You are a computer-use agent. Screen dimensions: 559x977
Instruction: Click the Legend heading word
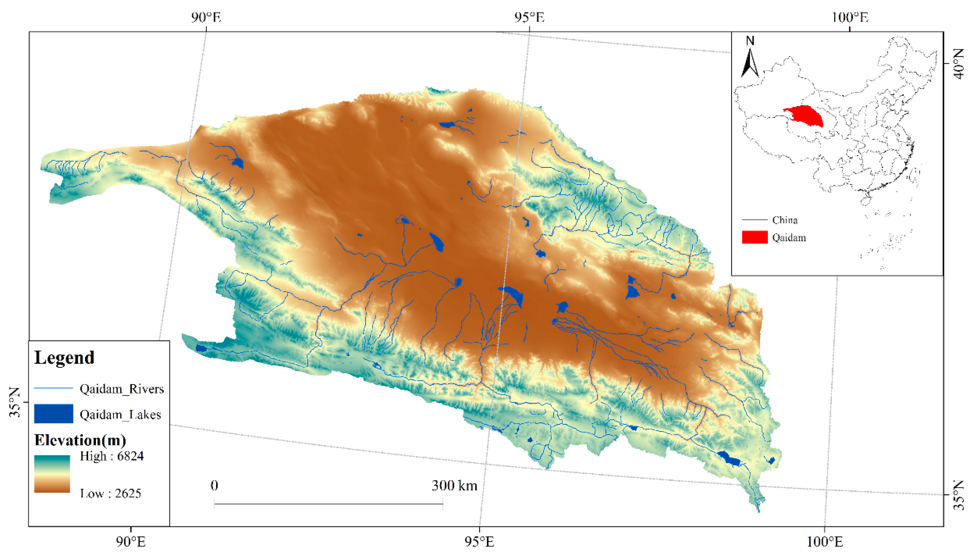click(64, 358)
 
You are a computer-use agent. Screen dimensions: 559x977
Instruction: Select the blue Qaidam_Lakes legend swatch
click(53, 414)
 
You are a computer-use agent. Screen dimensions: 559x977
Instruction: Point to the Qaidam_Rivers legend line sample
click(53, 388)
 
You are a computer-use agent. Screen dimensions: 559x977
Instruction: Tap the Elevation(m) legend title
click(80, 440)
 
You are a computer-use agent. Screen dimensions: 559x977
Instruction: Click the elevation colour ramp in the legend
click(52, 474)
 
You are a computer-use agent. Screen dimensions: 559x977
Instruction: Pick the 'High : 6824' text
click(112, 456)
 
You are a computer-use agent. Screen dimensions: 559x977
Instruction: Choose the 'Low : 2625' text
click(110, 493)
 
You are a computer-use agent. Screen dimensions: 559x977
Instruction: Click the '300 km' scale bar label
click(454, 486)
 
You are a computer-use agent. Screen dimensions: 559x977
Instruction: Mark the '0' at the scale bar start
click(214, 486)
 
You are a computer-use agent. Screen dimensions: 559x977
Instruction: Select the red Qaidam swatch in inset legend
click(754, 237)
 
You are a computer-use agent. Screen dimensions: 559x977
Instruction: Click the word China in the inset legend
click(785, 220)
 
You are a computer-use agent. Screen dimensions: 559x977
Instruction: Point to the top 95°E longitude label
click(529, 17)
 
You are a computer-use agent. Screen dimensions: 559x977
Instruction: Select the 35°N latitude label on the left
click(15, 402)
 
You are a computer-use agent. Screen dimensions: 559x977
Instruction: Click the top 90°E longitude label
click(206, 17)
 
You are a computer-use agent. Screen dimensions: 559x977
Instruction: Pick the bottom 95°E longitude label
click(479, 542)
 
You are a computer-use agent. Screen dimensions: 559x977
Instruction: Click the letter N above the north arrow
click(750, 41)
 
